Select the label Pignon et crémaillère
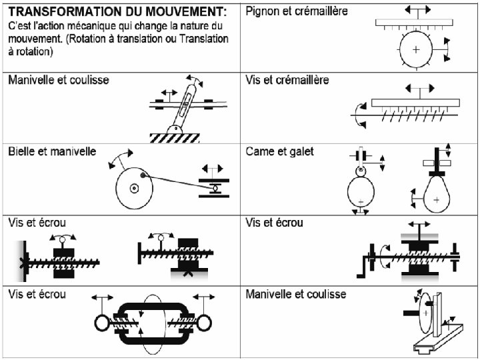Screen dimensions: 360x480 297,12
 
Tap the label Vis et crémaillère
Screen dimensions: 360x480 287,80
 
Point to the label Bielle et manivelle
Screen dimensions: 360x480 52,151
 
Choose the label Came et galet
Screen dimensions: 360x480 280,151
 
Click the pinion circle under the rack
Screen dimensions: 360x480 416,49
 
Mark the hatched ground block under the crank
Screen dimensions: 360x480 175,137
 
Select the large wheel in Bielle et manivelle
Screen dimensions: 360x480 134,187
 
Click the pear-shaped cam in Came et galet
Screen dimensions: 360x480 436,194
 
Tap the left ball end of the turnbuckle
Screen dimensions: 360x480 101,322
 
